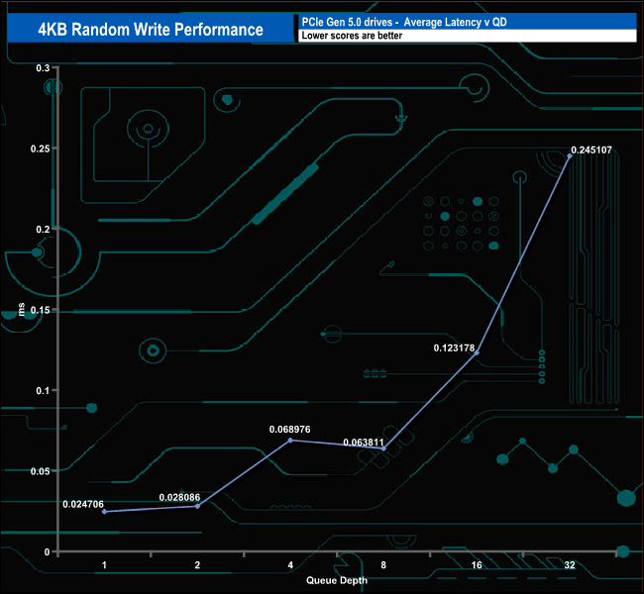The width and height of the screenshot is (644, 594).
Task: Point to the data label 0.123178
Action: (x=455, y=347)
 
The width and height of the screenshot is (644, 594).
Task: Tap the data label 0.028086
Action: (x=181, y=496)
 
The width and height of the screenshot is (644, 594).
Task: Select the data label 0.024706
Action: (x=83, y=504)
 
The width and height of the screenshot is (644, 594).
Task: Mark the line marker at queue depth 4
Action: (x=290, y=440)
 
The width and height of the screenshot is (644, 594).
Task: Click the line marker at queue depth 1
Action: (x=104, y=512)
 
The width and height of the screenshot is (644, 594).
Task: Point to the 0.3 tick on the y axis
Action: (x=42, y=67)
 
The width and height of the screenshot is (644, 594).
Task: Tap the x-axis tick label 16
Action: (x=477, y=565)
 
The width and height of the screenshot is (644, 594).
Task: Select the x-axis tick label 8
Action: (x=383, y=565)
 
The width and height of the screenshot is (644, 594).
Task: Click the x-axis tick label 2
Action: (x=197, y=565)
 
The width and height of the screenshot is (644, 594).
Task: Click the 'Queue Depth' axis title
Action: (x=337, y=581)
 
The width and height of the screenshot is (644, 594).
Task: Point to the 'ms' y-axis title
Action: (x=22, y=310)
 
